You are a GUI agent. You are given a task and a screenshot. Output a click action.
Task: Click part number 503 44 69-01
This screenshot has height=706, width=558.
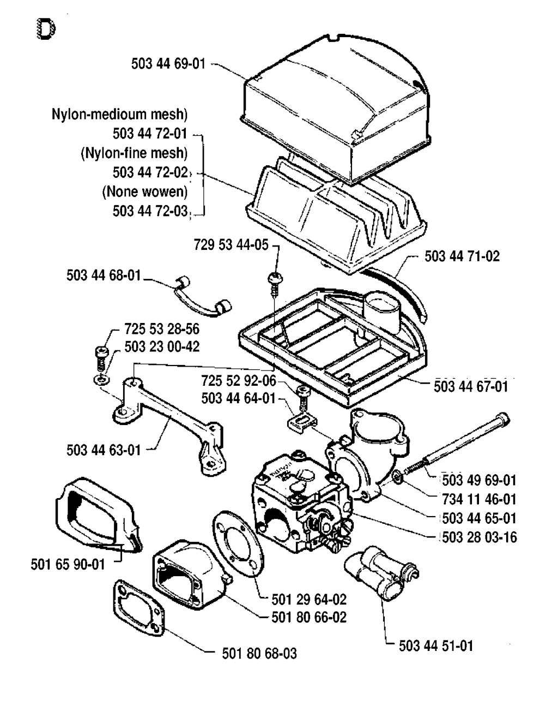pyautogui.click(x=168, y=64)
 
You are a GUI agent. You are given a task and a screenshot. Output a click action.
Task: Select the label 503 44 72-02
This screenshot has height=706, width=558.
pyautogui.click(x=150, y=172)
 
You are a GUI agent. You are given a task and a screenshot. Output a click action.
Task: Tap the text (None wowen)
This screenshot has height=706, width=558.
pyautogui.click(x=145, y=192)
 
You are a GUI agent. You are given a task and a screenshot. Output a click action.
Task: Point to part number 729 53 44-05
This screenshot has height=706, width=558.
pyautogui.click(x=231, y=244)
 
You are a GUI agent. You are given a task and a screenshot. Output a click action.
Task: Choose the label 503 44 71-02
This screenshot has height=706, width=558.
pyautogui.click(x=462, y=256)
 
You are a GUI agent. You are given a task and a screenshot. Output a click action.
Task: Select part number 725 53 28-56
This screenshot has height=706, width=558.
pyautogui.click(x=162, y=329)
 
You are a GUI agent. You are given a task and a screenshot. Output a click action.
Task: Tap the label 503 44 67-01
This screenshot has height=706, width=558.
pyautogui.click(x=471, y=386)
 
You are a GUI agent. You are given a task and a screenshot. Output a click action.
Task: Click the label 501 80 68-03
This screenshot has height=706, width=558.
pyautogui.click(x=259, y=653)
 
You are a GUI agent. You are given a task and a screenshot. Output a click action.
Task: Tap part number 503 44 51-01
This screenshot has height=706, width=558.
pyautogui.click(x=436, y=646)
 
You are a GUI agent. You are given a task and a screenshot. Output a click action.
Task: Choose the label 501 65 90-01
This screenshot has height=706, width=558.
pyautogui.click(x=68, y=564)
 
